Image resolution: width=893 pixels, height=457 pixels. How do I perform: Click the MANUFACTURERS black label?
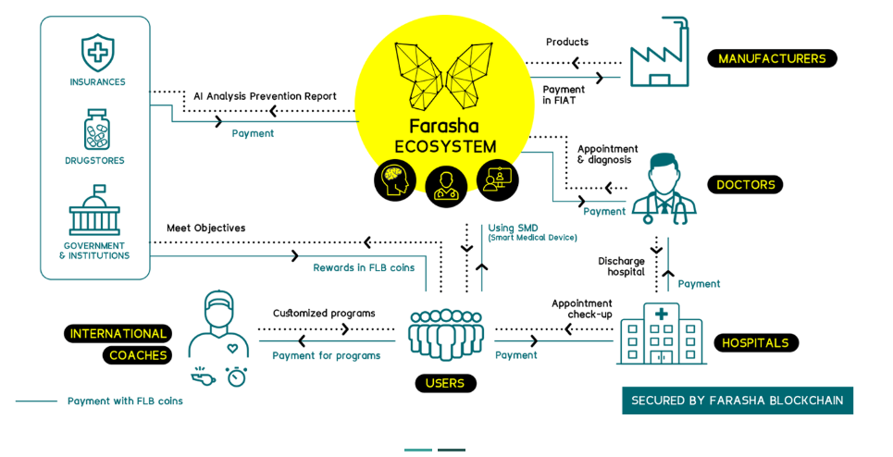772,58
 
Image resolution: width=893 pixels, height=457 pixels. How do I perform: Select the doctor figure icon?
662,189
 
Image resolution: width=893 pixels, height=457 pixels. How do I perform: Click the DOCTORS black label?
745,184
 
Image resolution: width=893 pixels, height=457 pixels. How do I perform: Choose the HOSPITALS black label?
755,342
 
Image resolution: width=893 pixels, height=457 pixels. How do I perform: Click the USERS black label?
445,383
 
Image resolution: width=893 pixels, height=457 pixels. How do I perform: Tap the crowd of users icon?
445,333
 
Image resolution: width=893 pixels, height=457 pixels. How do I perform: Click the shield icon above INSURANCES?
97,52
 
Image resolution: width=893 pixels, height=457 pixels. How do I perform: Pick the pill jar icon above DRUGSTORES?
96,130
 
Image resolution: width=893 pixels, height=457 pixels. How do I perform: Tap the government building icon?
94,211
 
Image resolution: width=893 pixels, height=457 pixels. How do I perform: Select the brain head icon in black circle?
395,180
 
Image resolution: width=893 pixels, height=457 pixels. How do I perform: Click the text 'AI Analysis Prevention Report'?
265,96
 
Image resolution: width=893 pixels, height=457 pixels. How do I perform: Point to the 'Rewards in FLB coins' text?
364,268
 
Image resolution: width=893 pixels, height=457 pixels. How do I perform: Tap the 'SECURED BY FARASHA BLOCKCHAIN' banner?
737,401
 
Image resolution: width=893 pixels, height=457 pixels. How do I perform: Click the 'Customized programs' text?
324,313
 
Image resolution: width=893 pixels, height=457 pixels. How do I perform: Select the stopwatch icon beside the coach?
236,377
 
